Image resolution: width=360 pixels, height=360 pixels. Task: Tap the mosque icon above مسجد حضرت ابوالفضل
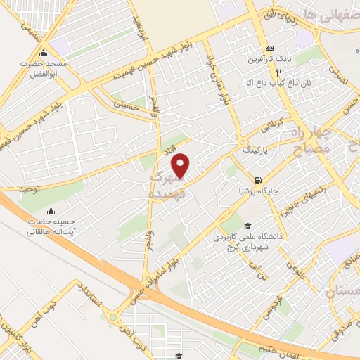(44, 53)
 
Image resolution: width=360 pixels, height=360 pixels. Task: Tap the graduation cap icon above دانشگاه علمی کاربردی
(247, 226)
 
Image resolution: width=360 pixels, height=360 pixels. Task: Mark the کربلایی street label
(270, 127)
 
